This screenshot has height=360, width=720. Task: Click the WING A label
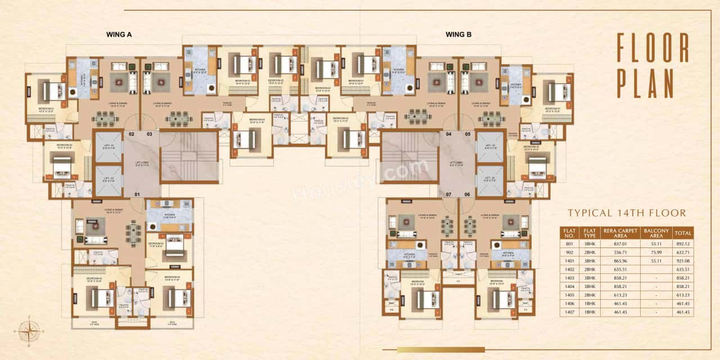click(x=119, y=34)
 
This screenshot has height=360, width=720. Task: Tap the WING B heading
click(x=458, y=34)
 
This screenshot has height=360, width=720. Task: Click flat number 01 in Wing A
click(x=137, y=194)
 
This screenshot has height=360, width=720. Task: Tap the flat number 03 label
click(x=150, y=134)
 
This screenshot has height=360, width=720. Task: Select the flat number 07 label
click(x=449, y=194)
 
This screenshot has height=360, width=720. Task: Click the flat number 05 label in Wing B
click(x=467, y=134)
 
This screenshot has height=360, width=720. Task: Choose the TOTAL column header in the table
click(x=683, y=232)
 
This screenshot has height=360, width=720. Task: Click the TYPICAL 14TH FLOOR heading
click(x=627, y=213)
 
